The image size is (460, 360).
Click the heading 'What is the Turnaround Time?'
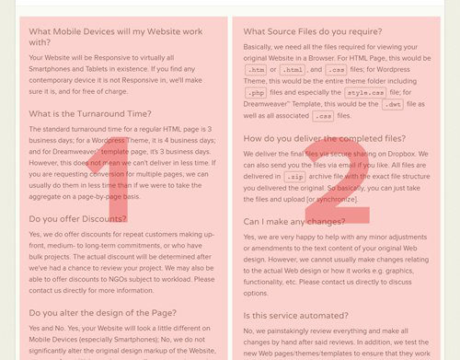pyautogui.click(x=90, y=114)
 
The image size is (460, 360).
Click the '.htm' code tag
pyautogui.click(x=256, y=69)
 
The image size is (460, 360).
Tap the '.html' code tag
pyautogui.click(x=294, y=69)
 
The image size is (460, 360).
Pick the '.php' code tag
pyautogui.click(x=256, y=93)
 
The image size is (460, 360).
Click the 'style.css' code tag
pyautogui.click(x=365, y=93)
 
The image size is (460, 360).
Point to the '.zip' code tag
pyautogui.click(x=294, y=176)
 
